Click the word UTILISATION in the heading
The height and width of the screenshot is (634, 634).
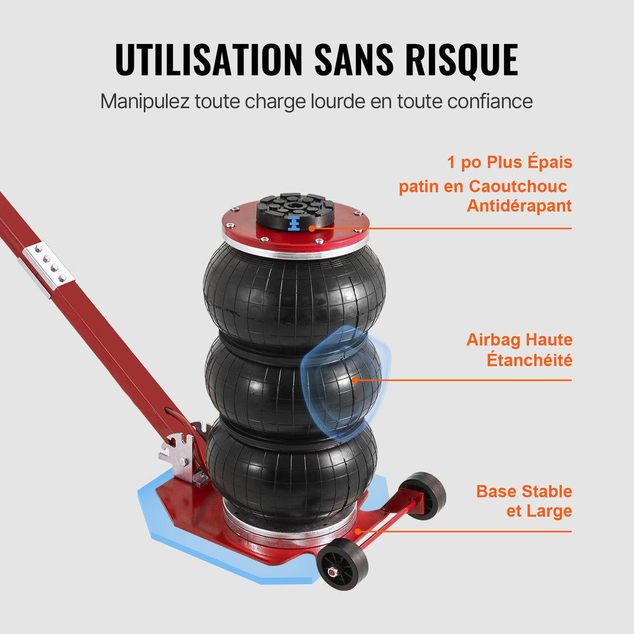click(209, 59)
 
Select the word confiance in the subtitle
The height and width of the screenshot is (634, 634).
click(490, 101)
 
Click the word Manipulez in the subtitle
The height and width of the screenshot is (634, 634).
click(145, 102)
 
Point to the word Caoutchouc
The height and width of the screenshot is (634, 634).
click(518, 186)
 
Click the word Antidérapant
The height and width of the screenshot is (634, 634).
click(519, 206)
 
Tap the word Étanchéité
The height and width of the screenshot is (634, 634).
click(529, 360)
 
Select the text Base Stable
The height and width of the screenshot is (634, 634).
click(524, 491)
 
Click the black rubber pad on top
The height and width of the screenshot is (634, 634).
click(295, 211)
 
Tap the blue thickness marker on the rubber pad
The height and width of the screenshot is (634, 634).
click(294, 224)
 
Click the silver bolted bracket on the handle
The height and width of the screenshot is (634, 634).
click(48, 266)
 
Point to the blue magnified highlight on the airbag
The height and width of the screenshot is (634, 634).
click(344, 382)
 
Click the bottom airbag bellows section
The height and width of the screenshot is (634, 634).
click(292, 469)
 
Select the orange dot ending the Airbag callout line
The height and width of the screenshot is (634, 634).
click(355, 380)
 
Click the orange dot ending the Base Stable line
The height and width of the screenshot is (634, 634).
click(358, 531)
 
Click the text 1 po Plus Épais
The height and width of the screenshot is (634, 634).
click(510, 162)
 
